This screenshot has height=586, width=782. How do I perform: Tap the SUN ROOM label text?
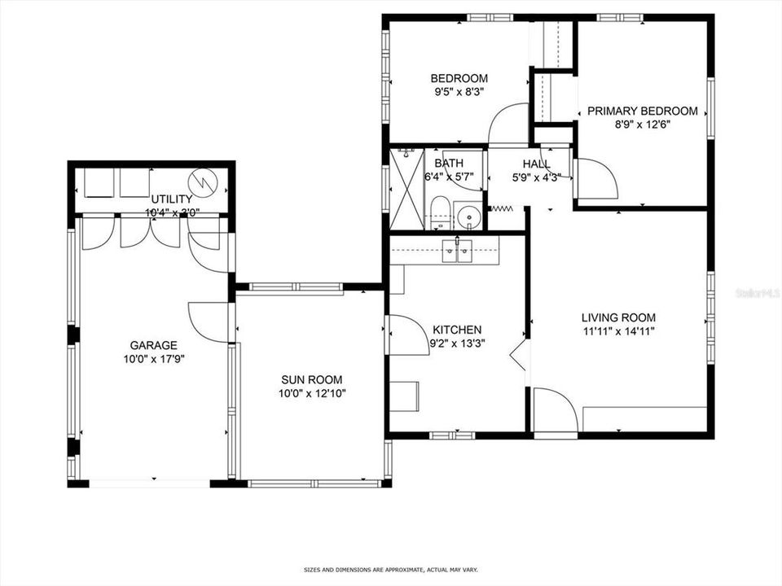[x=311, y=379]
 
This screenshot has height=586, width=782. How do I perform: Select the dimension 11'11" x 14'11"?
[x=618, y=331]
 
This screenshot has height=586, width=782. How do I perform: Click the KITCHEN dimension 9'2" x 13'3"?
[x=456, y=343]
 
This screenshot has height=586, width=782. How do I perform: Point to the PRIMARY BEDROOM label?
[x=643, y=112]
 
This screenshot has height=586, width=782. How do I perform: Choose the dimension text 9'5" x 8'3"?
[x=459, y=93]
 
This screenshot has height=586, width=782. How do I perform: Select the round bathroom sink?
[x=468, y=217]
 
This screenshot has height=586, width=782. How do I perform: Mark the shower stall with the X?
[x=406, y=188]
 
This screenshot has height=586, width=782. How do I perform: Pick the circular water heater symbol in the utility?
[x=201, y=180]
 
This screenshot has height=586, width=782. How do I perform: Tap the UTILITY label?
[x=172, y=199]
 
